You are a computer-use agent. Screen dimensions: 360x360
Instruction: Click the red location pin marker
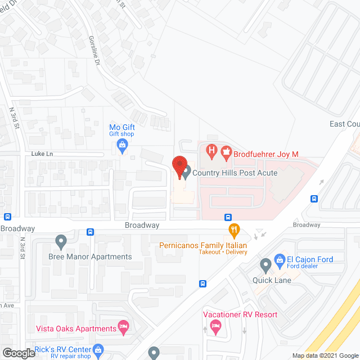(179, 166)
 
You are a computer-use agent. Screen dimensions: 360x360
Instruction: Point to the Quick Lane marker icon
(265, 264)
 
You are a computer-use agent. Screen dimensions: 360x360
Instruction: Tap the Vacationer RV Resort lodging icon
(214, 326)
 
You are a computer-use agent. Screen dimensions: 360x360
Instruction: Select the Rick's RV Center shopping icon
(99, 349)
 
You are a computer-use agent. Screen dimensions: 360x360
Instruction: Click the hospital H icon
(211, 150)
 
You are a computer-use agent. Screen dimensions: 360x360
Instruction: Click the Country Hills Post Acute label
(235, 173)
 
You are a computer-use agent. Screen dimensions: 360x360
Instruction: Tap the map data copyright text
(324, 355)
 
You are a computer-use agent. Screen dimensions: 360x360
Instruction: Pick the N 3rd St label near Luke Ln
(13, 118)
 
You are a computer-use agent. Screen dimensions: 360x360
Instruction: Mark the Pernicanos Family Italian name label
(203, 245)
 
